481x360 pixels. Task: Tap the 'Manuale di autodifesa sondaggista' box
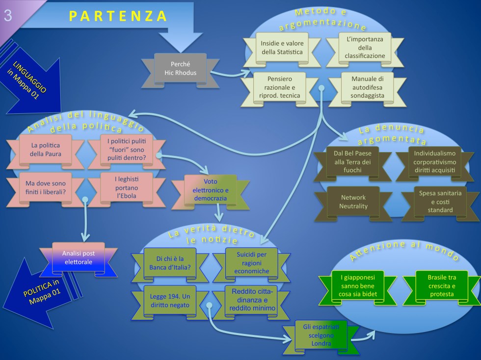(367, 87)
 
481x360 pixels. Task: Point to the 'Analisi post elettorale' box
(79, 258)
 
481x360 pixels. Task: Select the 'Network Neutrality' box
(353, 202)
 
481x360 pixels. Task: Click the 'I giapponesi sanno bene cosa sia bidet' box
(357, 285)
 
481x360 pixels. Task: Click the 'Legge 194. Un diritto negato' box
(170, 300)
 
